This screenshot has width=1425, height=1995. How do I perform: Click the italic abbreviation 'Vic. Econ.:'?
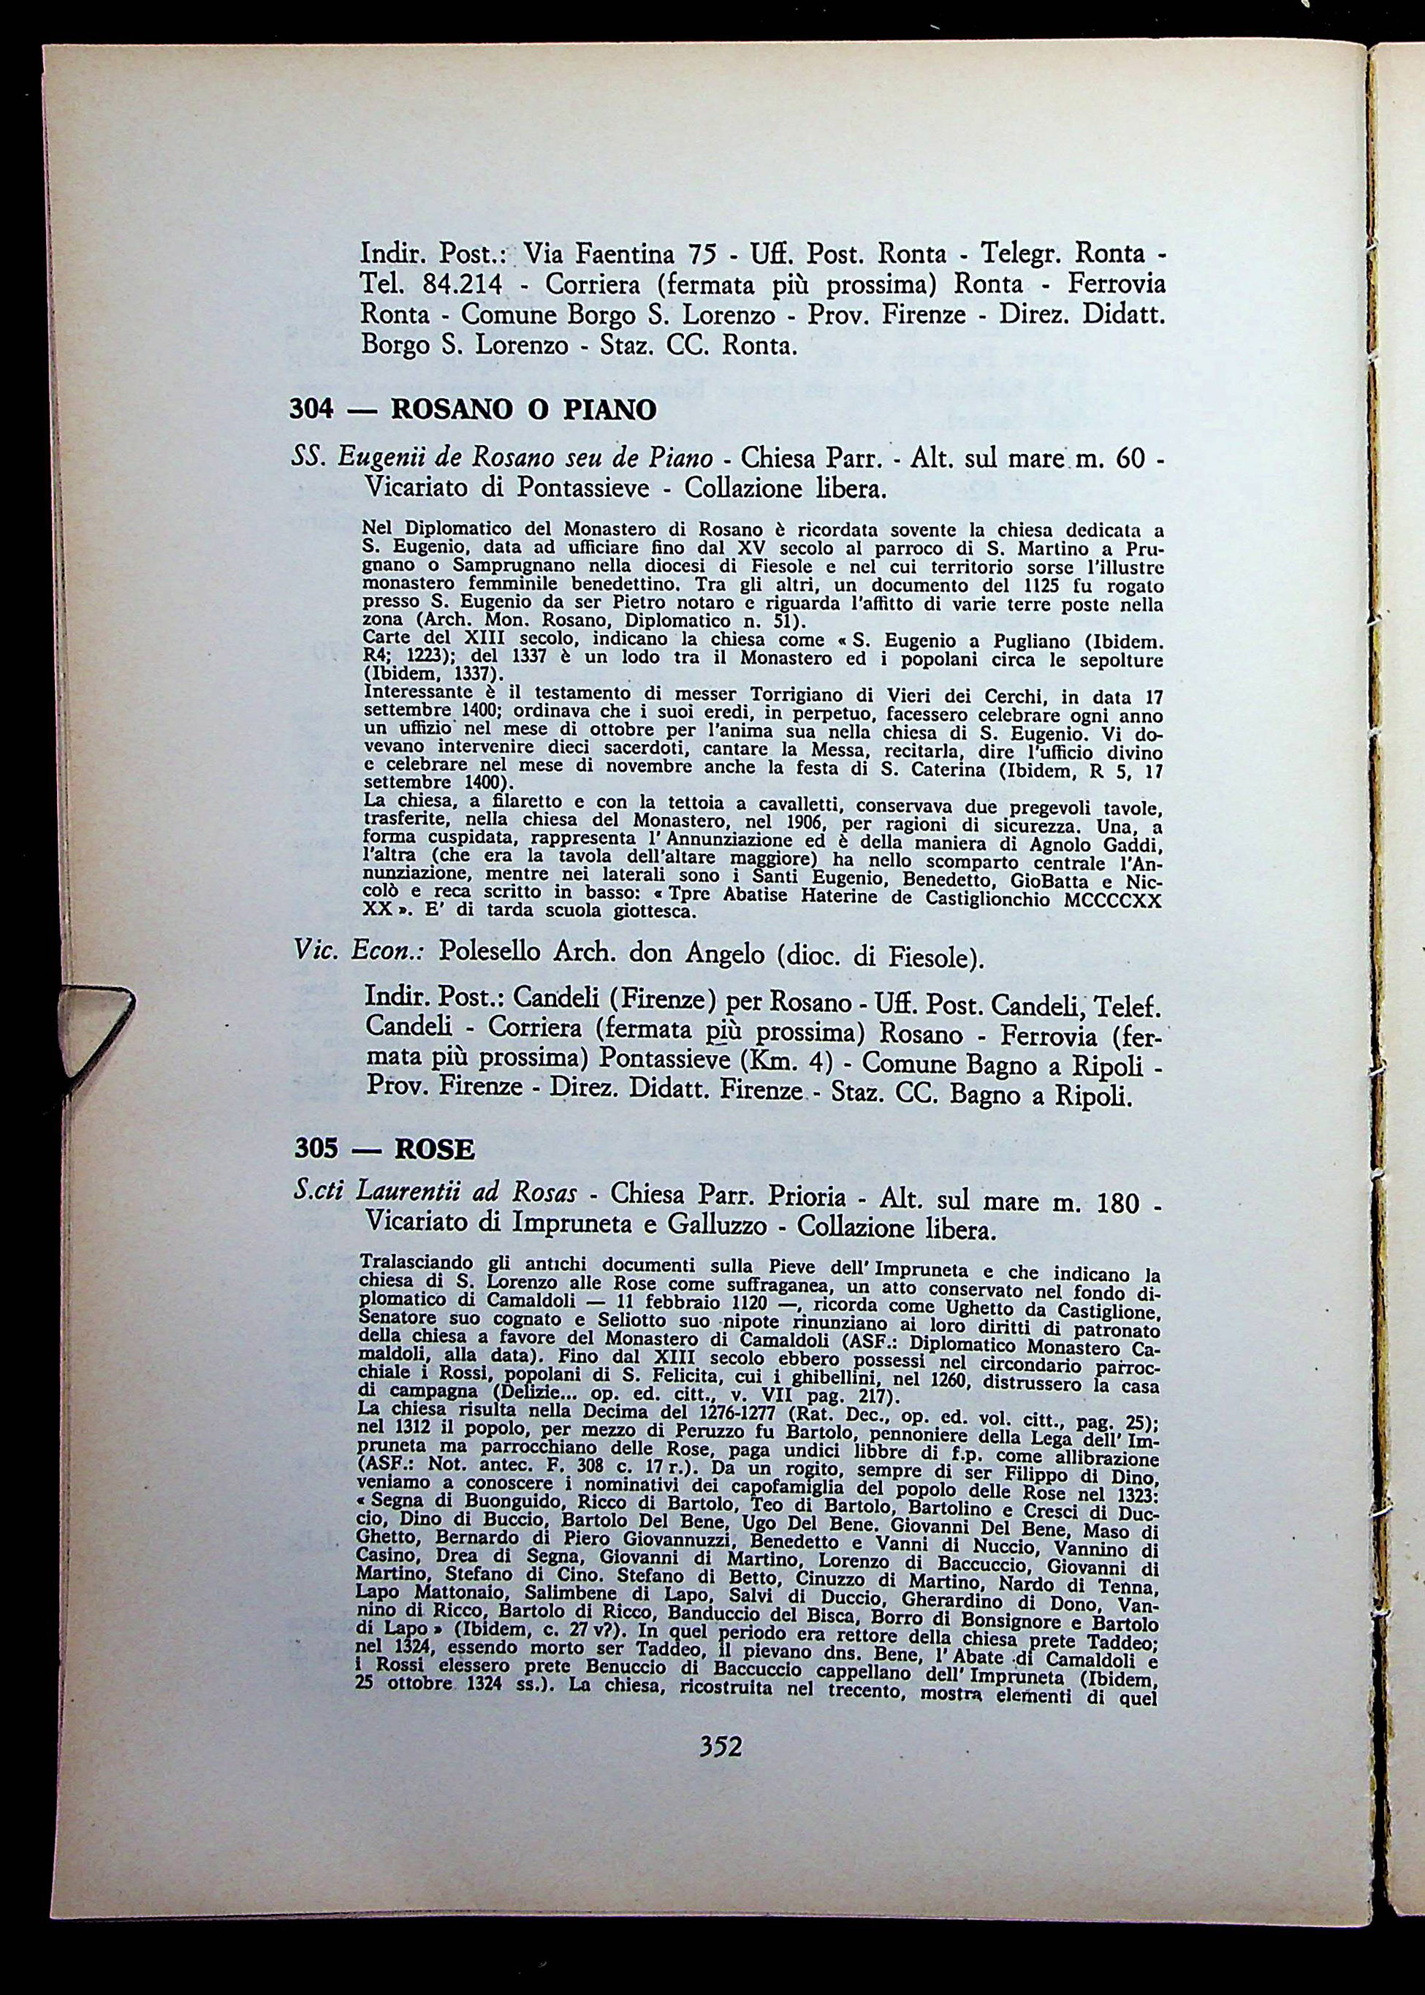click(358, 953)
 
